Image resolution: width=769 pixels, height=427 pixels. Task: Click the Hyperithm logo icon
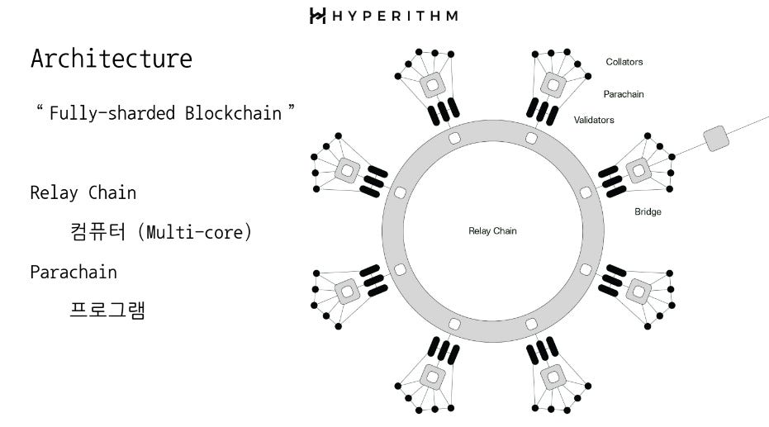click(x=317, y=16)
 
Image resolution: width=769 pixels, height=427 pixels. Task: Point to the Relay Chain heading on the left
click(x=83, y=192)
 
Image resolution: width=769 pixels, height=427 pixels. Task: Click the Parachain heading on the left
click(x=74, y=272)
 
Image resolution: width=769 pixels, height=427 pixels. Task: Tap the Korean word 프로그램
click(x=108, y=311)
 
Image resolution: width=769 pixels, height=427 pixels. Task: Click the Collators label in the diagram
click(x=624, y=62)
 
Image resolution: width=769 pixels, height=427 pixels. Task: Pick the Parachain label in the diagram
click(x=624, y=94)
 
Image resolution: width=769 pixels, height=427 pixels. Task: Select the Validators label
click(x=594, y=120)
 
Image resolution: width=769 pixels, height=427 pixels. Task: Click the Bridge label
click(x=648, y=211)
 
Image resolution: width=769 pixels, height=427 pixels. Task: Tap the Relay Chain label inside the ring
click(x=492, y=231)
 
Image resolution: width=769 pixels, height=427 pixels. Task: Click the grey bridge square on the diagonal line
click(x=715, y=138)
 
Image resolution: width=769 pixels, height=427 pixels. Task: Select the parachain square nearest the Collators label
click(x=552, y=84)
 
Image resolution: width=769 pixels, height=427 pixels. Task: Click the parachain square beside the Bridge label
click(x=638, y=171)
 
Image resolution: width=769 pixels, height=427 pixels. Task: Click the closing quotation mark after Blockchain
click(x=291, y=109)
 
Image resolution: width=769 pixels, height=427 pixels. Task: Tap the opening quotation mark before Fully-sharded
click(x=39, y=109)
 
